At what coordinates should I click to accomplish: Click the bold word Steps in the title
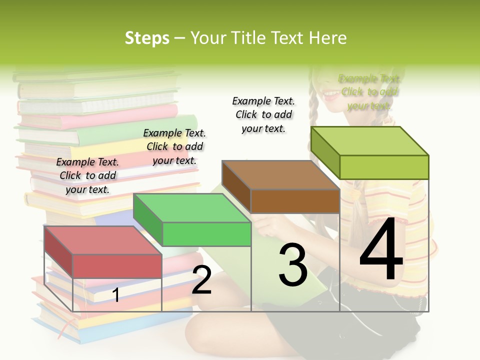pyautogui.click(x=147, y=38)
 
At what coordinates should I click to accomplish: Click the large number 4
pyautogui.click(x=381, y=249)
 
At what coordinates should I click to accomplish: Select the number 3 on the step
pyautogui.click(x=293, y=264)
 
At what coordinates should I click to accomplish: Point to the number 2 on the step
pyautogui.click(x=201, y=280)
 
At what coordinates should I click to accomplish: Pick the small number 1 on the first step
pyautogui.click(x=116, y=295)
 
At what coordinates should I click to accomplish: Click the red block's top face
pyautogui.click(x=102, y=240)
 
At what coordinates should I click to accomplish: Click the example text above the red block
pyautogui.click(x=88, y=175)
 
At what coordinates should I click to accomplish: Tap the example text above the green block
pyautogui.click(x=174, y=146)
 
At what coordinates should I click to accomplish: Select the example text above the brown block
pyautogui.click(x=263, y=114)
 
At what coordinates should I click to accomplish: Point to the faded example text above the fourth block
pyautogui.click(x=369, y=92)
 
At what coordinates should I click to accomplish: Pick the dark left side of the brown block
pyautogui.click(x=236, y=185)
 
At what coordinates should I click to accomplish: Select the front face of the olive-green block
pyautogui.click(x=384, y=167)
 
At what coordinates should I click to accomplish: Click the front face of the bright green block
pyautogui.click(x=206, y=234)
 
